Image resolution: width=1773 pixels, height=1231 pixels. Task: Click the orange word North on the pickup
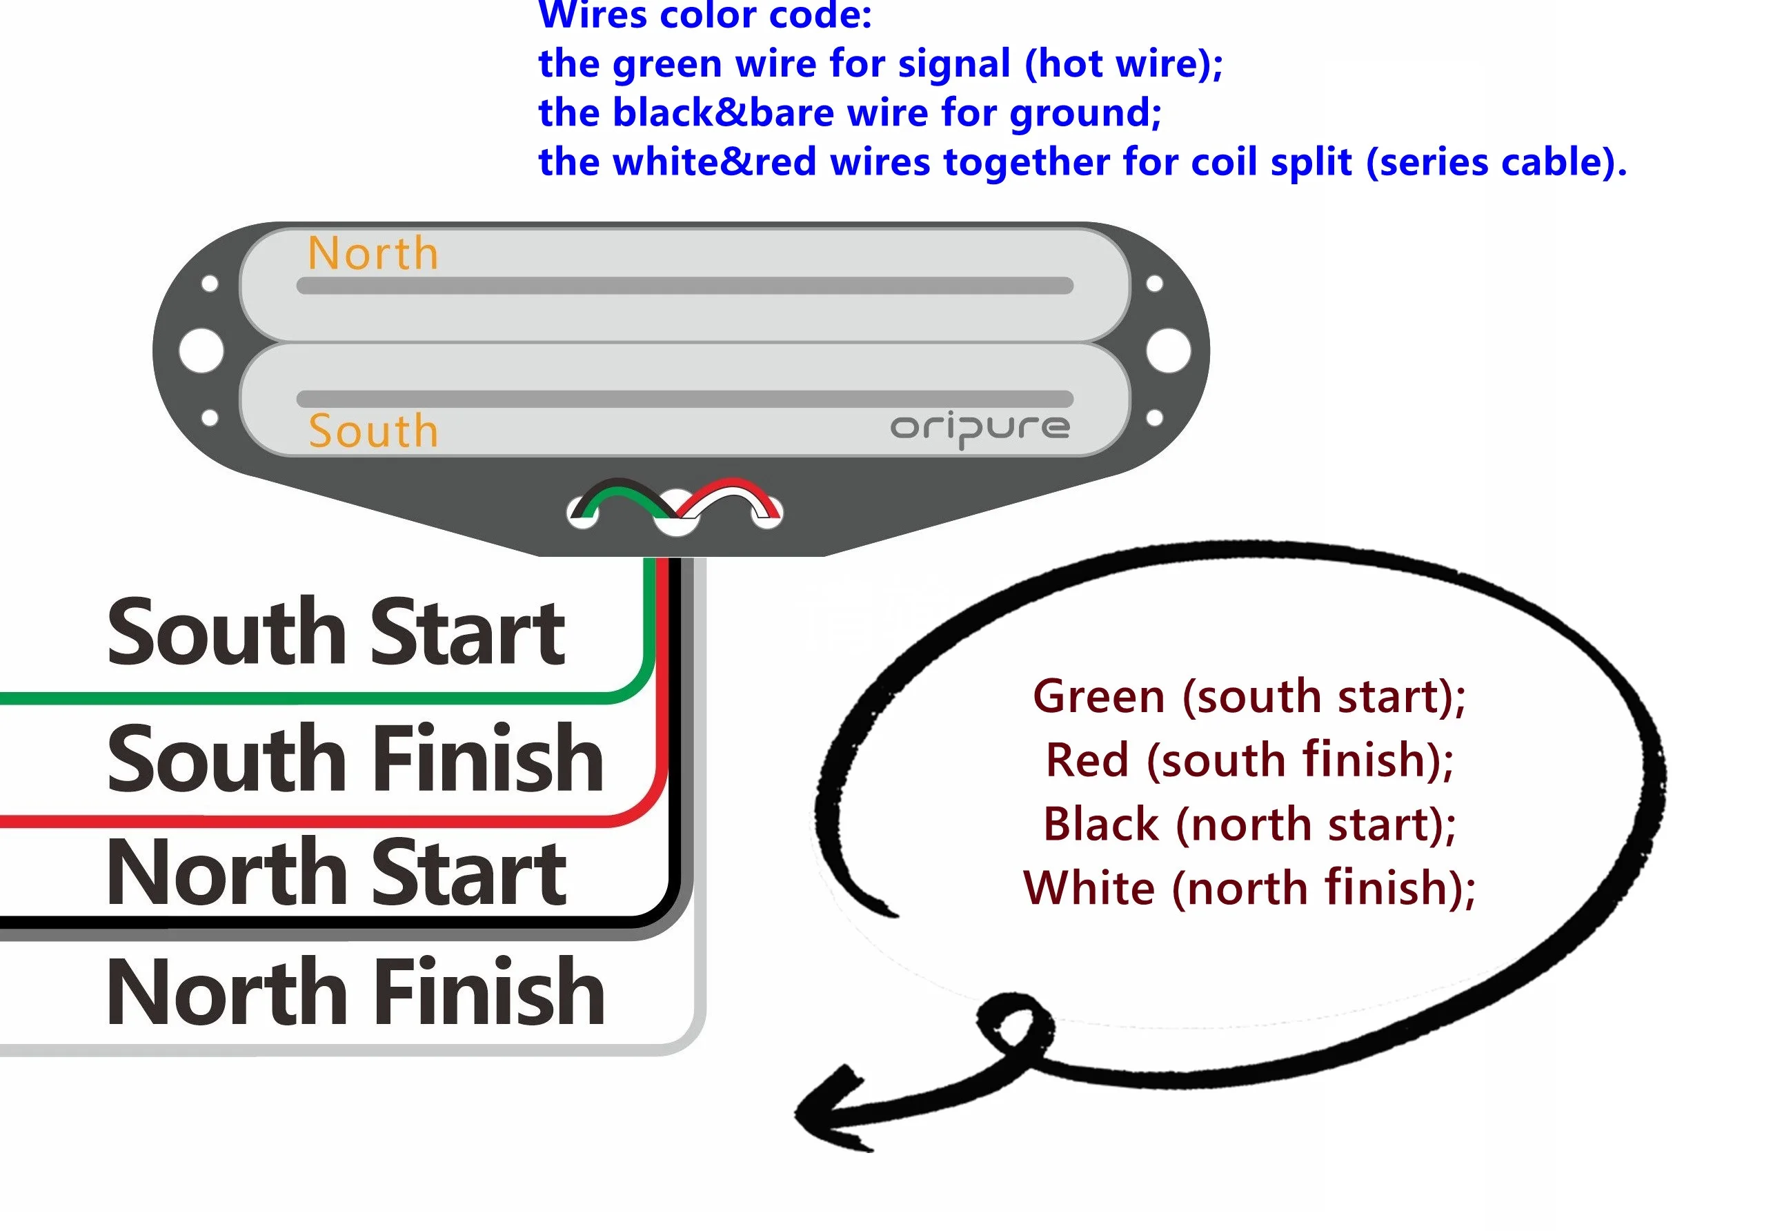point(373,253)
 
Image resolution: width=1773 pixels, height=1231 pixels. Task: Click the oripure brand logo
point(980,430)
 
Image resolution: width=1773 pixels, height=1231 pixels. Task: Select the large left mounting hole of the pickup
point(201,350)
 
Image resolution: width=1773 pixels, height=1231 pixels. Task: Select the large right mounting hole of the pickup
point(1169,350)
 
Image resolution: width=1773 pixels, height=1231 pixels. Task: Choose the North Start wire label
point(336,871)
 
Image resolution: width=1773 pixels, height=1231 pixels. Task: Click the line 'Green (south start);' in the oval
point(1249,696)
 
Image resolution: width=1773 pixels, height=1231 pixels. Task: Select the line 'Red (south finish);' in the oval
point(1249,760)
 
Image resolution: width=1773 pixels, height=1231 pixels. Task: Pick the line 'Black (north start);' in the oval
point(1249,824)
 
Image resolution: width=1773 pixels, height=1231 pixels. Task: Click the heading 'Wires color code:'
point(705,15)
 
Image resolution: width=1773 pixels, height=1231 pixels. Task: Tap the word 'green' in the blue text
point(667,65)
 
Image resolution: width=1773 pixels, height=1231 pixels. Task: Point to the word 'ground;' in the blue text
point(1085,114)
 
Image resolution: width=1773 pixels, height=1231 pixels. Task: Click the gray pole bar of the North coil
point(685,286)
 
